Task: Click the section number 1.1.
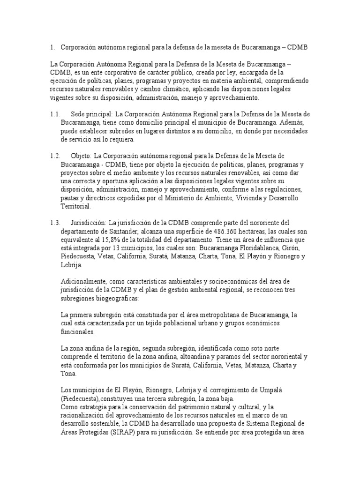click(55, 114)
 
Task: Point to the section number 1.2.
click(55, 156)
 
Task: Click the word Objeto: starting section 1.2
click(82, 156)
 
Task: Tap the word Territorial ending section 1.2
click(76, 206)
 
